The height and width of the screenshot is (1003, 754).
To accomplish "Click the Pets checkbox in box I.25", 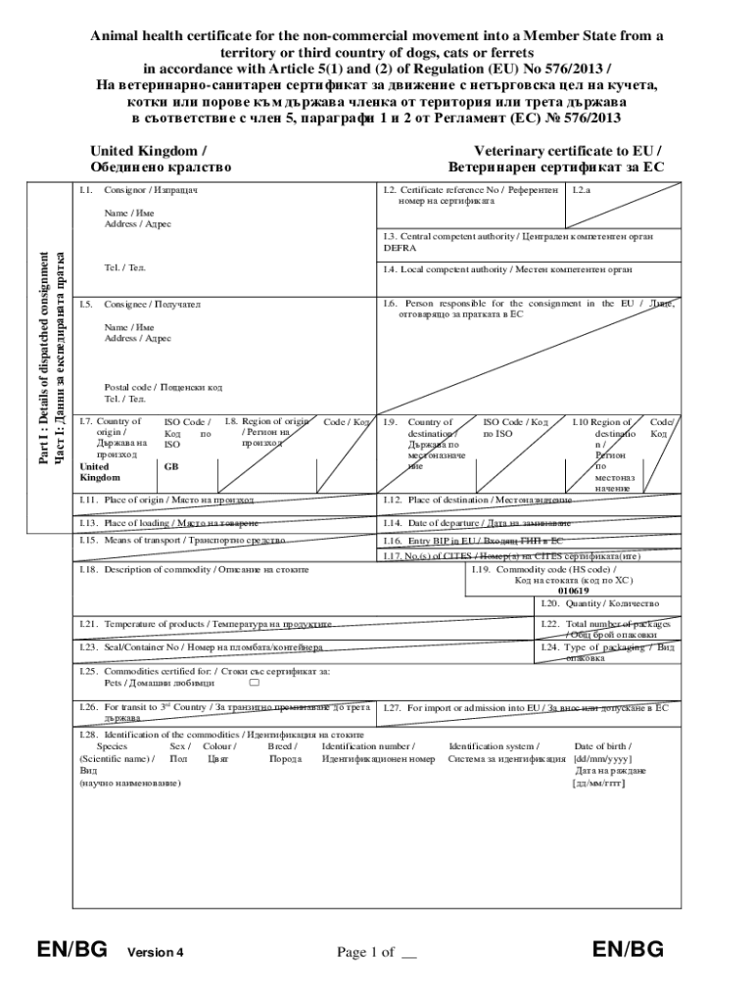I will point(254,683).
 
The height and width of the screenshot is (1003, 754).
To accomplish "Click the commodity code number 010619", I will point(573,591).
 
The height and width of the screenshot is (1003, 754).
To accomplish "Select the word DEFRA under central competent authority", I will point(399,248).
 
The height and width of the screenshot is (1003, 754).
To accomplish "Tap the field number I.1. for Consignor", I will point(86,189).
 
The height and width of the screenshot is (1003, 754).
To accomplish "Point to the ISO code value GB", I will point(171,467).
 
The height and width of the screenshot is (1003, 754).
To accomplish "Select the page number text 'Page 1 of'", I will point(365,951).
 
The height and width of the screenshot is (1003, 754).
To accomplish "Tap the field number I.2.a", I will point(583,189).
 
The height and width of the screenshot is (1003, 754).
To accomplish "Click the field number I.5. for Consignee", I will point(86,305).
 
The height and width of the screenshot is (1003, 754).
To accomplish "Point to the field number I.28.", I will point(89,734).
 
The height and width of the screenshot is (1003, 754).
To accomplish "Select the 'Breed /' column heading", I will point(283,746).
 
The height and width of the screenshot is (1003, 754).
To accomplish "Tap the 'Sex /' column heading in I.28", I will point(180,746).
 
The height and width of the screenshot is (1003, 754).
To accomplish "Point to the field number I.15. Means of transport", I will point(89,540).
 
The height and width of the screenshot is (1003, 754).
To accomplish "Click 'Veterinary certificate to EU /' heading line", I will point(567,151).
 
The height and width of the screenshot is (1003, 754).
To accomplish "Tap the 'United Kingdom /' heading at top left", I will point(148,151).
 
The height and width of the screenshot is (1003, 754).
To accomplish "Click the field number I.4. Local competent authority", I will point(390,268).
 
